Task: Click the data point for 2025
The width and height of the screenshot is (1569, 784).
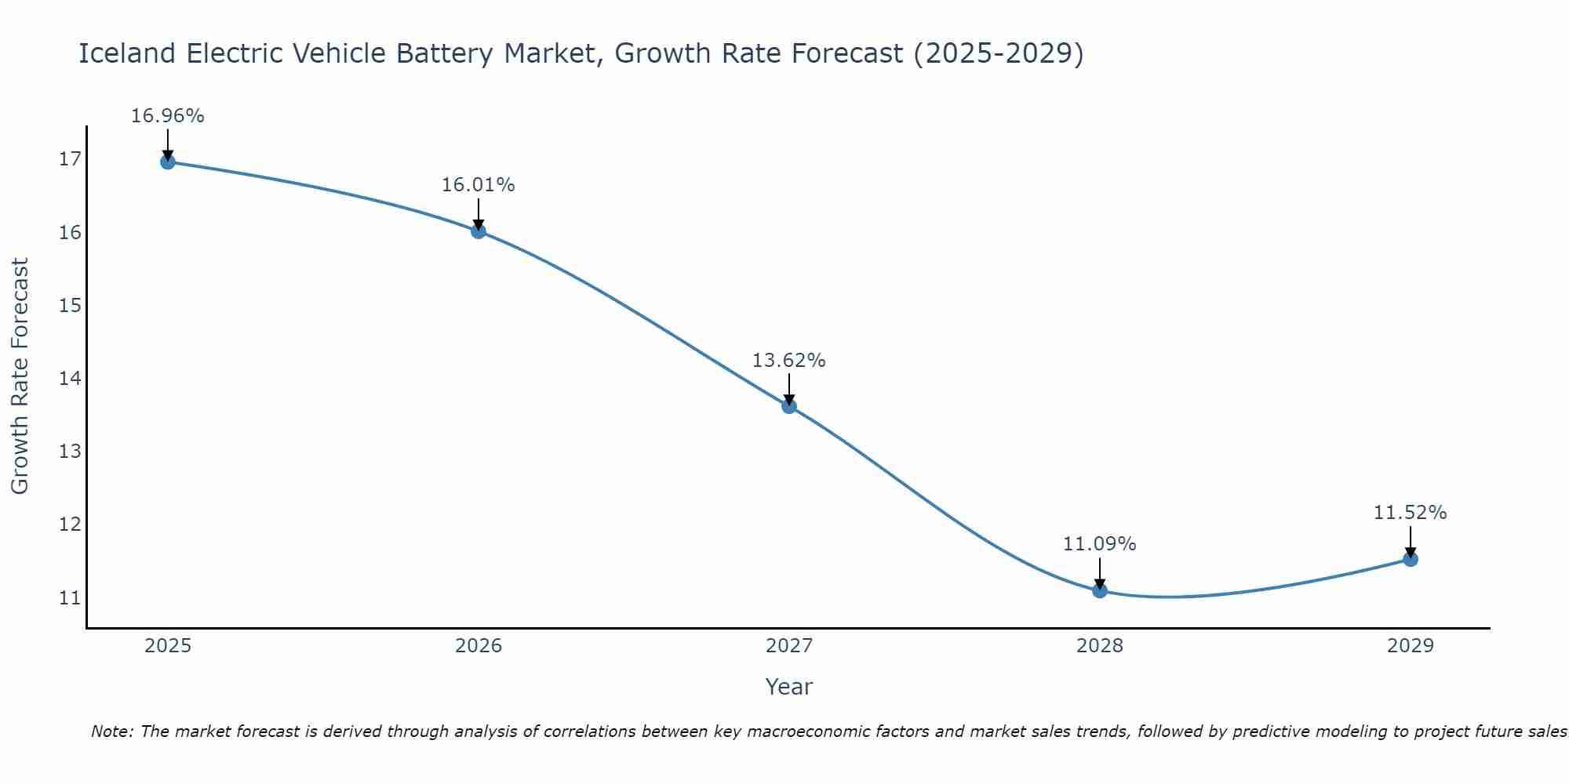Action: coord(168,162)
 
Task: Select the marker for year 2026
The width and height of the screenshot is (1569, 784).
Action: coord(479,231)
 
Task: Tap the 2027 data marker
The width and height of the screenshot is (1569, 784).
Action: coord(789,405)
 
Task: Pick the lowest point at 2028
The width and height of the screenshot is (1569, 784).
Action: coord(1100,590)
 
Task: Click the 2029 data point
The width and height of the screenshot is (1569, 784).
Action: coord(1411,559)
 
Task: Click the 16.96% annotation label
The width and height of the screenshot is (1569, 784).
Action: coord(168,116)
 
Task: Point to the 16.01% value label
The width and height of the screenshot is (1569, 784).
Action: coord(479,185)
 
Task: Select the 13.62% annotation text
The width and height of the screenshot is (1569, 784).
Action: coord(789,361)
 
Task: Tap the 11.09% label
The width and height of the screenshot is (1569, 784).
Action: coord(1100,544)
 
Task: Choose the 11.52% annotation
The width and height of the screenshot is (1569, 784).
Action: coord(1411,513)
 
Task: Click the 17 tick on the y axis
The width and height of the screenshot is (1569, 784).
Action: coord(70,159)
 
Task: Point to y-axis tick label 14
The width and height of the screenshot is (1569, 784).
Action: coord(70,379)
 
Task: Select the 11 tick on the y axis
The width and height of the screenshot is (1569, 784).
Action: coord(70,598)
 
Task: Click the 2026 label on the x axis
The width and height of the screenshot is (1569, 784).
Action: coord(479,646)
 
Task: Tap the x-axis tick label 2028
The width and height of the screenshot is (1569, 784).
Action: coord(1100,646)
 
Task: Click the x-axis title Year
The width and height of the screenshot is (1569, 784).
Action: coord(789,687)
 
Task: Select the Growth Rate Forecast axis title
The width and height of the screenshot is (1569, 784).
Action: coord(20,376)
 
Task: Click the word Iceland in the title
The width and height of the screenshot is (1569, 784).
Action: coord(128,53)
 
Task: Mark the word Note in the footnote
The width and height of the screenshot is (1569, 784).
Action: coord(112,731)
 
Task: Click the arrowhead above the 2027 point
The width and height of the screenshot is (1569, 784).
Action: coord(789,398)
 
